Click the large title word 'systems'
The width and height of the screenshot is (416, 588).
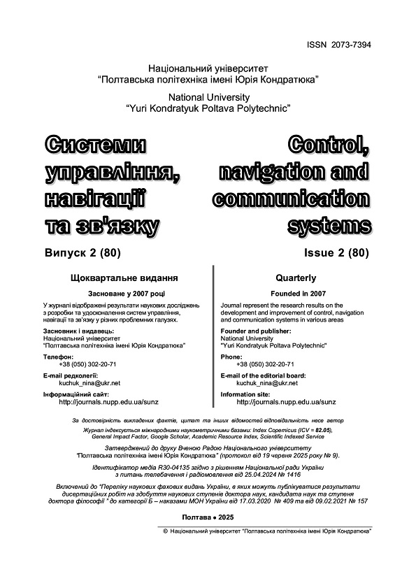(329, 225)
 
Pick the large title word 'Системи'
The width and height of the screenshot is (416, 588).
(96, 146)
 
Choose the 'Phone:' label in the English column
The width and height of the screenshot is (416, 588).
(231, 357)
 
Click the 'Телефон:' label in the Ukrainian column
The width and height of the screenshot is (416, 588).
(58, 357)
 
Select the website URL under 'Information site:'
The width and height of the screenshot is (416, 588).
(286, 402)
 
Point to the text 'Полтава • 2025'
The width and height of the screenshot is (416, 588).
(208, 517)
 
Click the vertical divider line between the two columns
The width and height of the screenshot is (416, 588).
(212, 336)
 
